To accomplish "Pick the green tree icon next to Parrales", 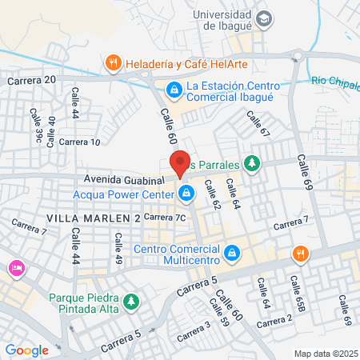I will (x=253, y=164).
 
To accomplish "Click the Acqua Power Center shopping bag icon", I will (x=186, y=193).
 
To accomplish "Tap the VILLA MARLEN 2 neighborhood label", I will (x=94, y=218).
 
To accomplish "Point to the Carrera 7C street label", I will (x=166, y=217).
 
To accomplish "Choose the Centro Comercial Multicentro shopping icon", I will (x=230, y=253).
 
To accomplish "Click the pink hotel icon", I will (x=14, y=266).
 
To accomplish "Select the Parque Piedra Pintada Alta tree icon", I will (x=130, y=302).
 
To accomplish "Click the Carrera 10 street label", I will (x=80, y=142).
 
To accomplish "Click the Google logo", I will (x=26, y=350).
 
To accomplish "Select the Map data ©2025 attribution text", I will (x=325, y=354).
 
